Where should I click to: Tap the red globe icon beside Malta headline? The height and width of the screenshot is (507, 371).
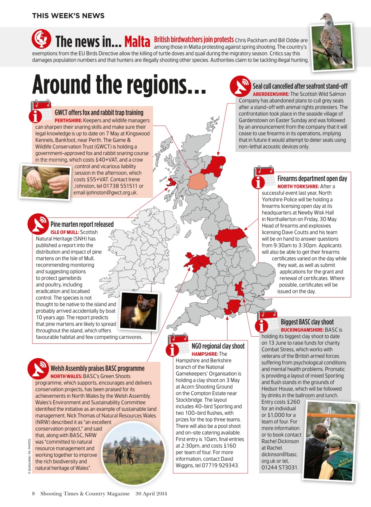coord(41,39)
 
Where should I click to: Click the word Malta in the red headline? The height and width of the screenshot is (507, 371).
coord(137,41)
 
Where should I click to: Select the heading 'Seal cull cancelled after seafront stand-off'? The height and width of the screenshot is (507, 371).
coord(300,86)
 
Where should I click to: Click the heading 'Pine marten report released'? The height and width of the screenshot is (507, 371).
coord(82,224)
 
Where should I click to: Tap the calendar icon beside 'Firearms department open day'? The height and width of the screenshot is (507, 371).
coord(263,177)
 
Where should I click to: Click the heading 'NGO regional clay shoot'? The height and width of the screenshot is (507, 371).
coord(218,346)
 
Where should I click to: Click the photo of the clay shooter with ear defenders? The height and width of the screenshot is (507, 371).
coord(329,441)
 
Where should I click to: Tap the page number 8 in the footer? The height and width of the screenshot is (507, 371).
coord(34,494)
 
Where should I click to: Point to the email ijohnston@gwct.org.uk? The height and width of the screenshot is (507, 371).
coord(106,193)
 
